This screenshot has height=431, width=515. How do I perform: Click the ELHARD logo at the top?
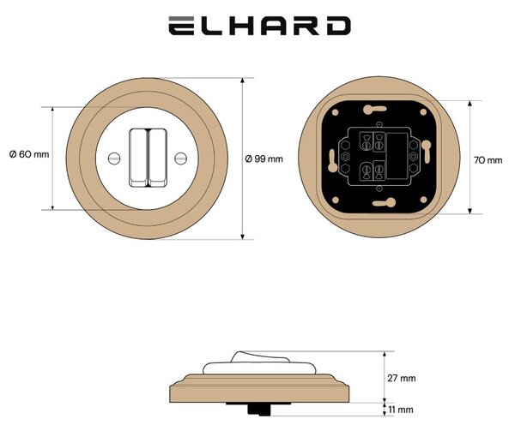tap(259, 26)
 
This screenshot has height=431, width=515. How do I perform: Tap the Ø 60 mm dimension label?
tap(29, 154)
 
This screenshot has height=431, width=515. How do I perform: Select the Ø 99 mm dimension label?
tap(264, 159)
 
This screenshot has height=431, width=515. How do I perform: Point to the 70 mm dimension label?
tap(488, 160)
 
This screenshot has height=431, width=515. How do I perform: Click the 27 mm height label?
tap(402, 378)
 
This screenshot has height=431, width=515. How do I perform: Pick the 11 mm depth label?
tap(401, 410)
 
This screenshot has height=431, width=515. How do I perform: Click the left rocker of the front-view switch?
tap(138, 158)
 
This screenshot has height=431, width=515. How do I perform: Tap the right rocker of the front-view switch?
tap(158, 158)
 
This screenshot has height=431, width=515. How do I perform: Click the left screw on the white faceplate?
tap(114, 159)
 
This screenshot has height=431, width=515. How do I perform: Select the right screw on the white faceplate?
tap(180, 159)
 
